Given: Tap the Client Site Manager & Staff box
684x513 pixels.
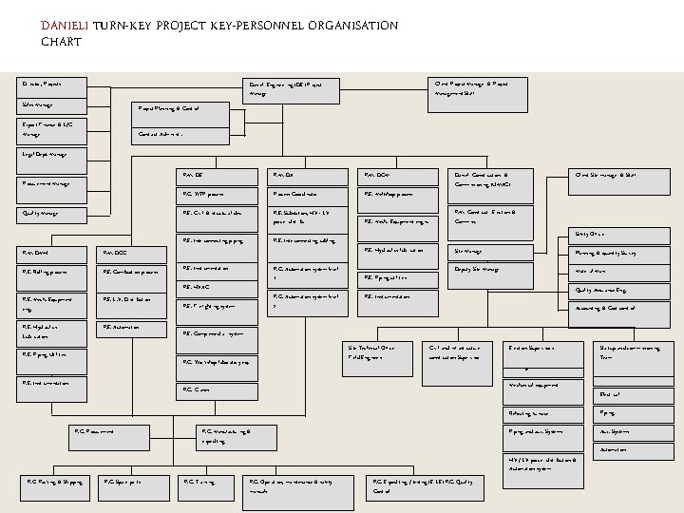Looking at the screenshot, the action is coord(617,175).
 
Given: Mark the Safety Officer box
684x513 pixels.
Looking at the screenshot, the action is coord(617,234).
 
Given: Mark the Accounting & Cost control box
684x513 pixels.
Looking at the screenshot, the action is coord(617,308).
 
